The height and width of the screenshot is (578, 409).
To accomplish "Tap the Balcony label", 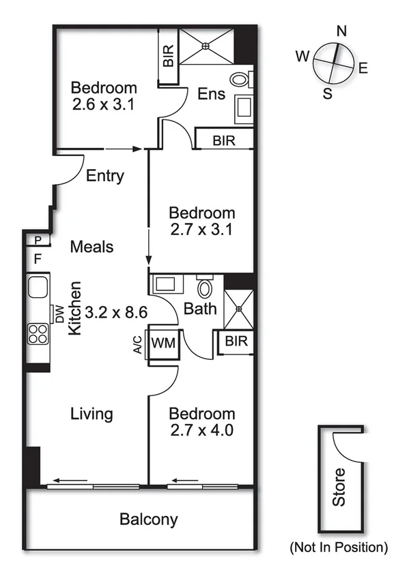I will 149,519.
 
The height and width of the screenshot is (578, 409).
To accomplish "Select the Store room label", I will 339,487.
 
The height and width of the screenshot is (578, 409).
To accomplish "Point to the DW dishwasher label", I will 60,314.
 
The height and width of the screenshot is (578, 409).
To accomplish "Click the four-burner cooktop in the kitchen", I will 38,333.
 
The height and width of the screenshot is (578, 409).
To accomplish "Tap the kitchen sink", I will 38,287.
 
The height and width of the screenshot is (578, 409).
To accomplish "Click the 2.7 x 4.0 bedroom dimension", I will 202,431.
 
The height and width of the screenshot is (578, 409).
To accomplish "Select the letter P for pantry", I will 38,240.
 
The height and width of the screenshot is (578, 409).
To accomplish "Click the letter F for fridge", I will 38,258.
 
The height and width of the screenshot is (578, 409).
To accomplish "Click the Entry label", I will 105,176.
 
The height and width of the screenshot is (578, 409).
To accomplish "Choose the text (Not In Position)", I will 339,547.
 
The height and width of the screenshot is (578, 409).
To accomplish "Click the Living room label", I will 91,414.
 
